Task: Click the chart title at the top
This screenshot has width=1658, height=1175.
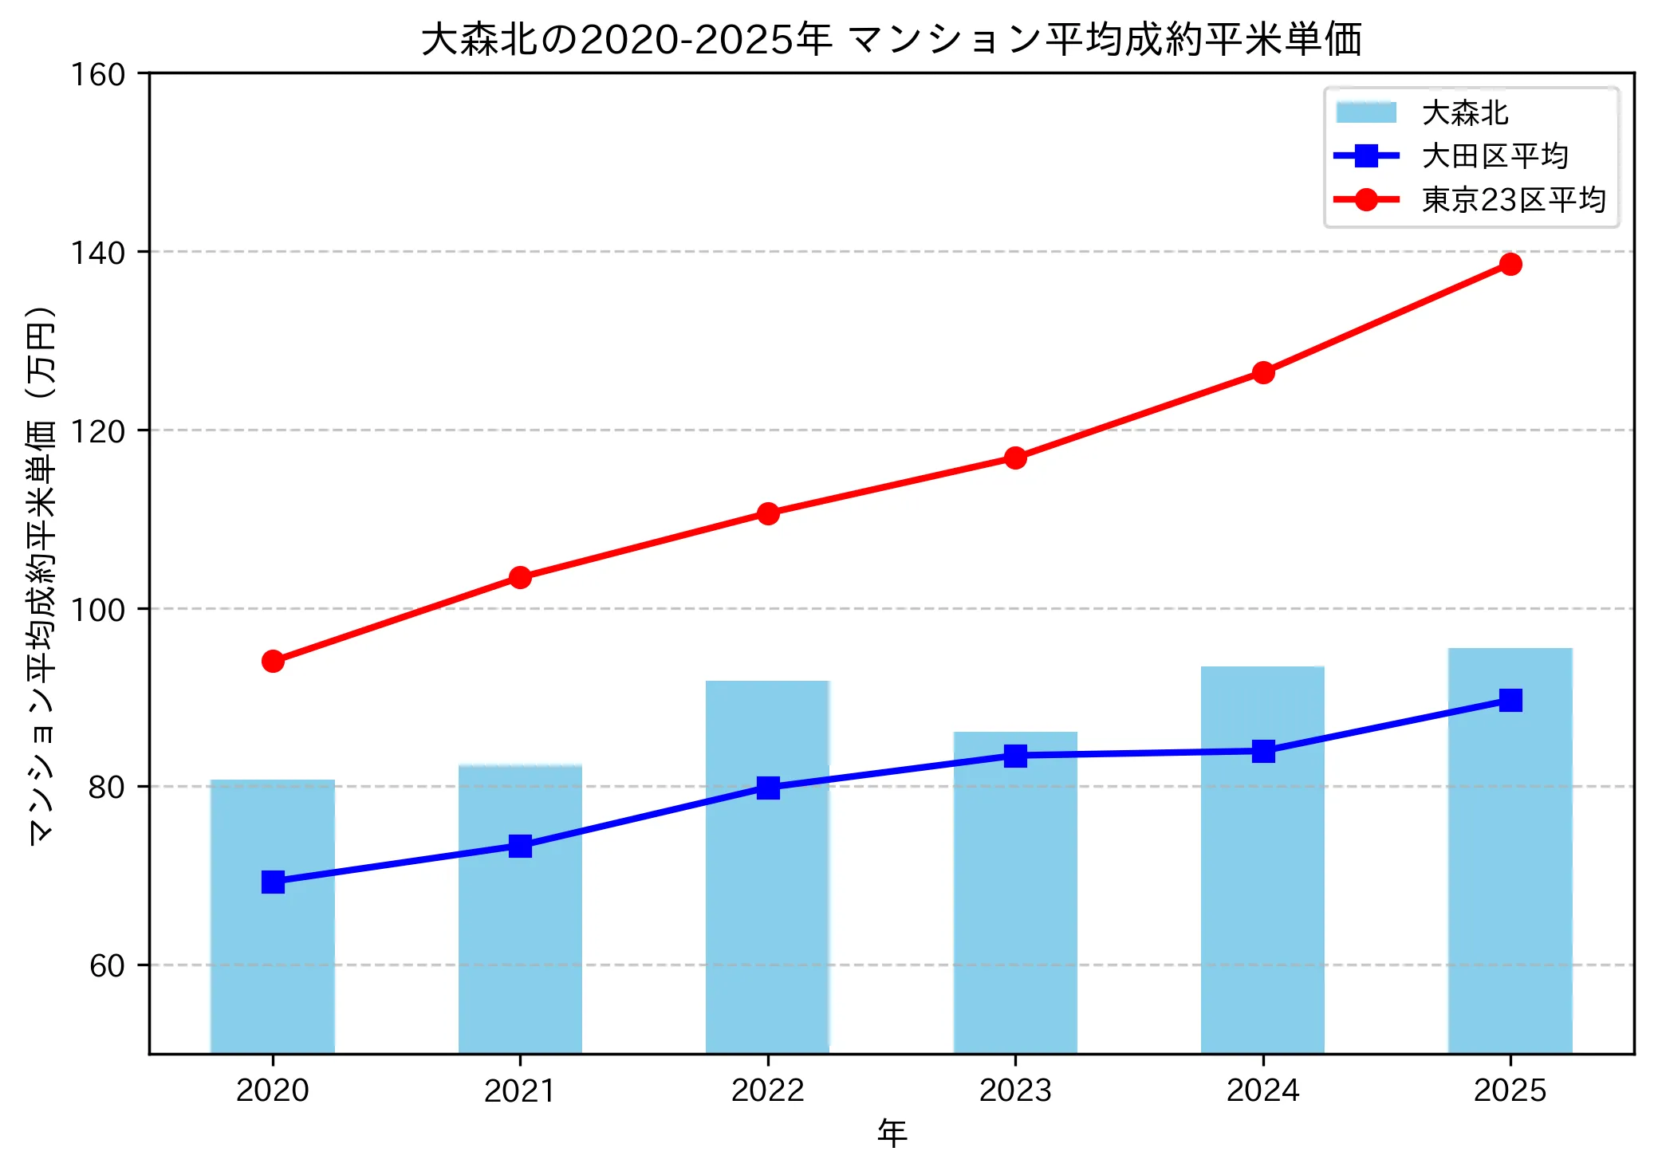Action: (x=891, y=40)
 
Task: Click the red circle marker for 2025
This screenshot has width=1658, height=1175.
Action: (x=1510, y=264)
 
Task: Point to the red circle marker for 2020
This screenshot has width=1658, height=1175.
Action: (x=273, y=661)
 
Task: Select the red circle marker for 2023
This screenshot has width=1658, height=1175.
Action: (x=1015, y=458)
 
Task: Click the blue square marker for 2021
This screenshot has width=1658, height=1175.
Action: (x=520, y=846)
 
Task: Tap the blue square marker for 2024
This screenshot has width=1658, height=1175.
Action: (x=1262, y=751)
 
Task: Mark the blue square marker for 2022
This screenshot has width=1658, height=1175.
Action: (x=767, y=788)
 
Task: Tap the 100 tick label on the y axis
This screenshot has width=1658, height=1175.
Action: (x=98, y=610)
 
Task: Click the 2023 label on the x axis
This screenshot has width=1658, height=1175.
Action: (x=1015, y=1091)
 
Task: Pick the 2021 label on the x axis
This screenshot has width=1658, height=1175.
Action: (x=520, y=1091)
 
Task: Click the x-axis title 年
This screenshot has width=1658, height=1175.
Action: (x=892, y=1133)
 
